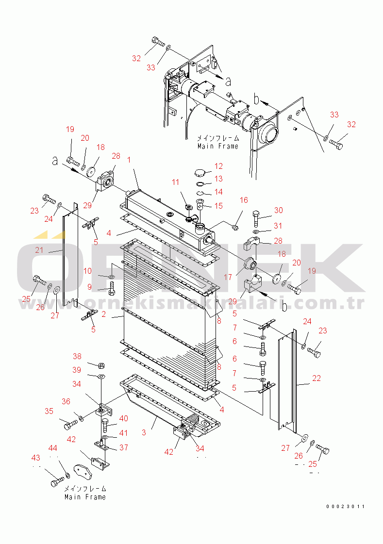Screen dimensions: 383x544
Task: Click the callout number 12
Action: tap(218, 166)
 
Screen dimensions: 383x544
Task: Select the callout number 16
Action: tap(244, 200)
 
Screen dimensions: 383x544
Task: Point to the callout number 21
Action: tap(39, 250)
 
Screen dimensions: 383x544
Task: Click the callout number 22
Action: tap(316, 379)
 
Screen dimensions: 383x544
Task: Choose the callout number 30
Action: tap(278, 210)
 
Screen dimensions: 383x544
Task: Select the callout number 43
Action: tap(36, 458)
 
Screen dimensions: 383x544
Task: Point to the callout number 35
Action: tap(49, 411)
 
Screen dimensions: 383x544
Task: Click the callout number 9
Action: tap(89, 287)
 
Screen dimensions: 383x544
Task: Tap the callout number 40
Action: tap(124, 418)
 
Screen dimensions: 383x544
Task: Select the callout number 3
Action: tap(144, 432)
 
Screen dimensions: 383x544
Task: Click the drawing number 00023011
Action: tap(345, 507)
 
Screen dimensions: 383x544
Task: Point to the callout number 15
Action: tap(218, 206)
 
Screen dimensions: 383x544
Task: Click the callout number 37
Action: tap(124, 447)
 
